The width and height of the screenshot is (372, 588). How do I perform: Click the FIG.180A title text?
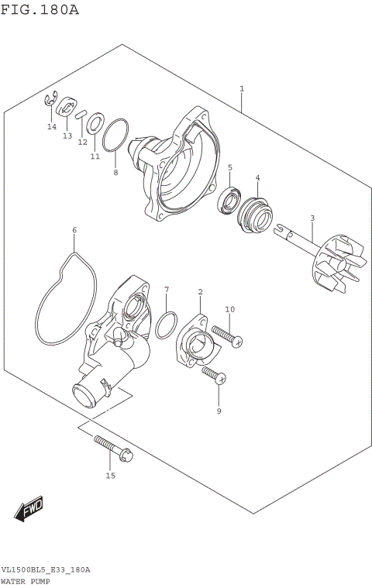40,10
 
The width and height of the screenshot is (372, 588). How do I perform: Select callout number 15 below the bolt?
110,476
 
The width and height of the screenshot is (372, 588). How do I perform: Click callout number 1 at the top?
242,89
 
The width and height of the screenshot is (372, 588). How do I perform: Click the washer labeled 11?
96,122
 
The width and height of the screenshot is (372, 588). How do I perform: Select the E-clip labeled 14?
50,100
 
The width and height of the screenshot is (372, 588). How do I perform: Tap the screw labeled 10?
224,335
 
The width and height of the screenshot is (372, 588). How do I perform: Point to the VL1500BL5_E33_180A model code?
46,569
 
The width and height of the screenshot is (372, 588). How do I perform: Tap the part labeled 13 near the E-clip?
67,108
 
